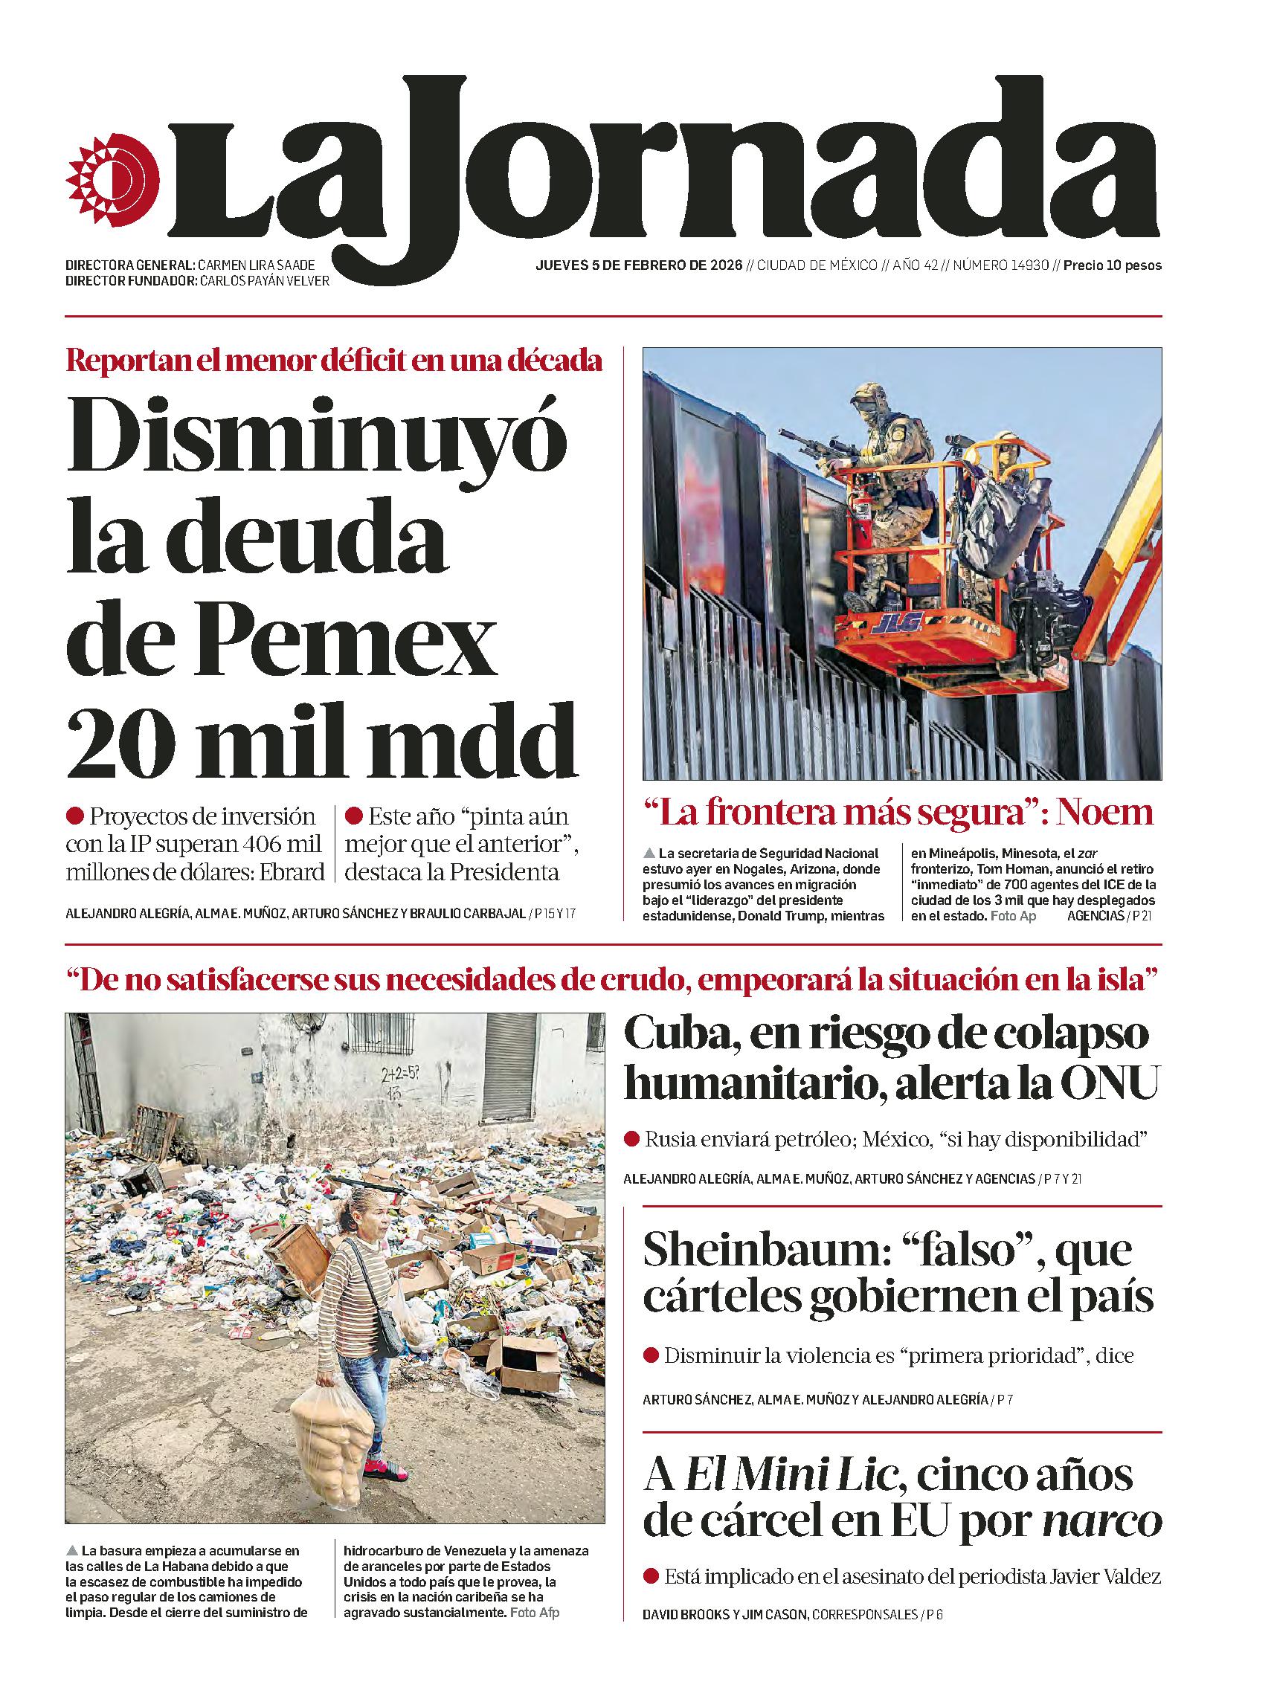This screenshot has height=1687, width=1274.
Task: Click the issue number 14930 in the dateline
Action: [1023, 266]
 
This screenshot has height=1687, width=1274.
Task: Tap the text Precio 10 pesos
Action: [1113, 266]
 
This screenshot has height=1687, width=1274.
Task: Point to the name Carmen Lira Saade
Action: [256, 265]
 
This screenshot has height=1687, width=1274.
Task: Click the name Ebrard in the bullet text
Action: [293, 872]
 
